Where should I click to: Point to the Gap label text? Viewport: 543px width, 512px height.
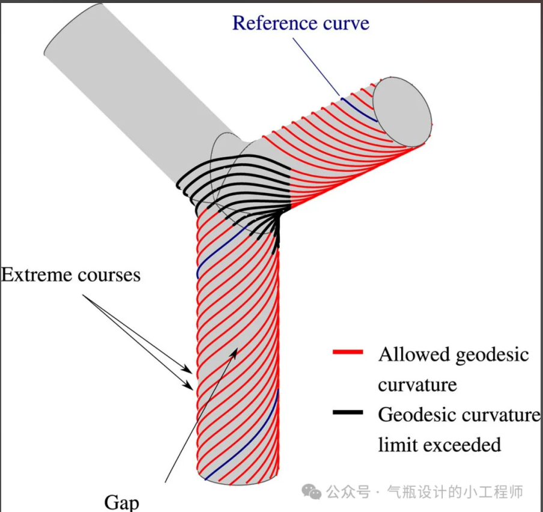point(121,502)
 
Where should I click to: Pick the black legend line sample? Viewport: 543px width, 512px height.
point(348,413)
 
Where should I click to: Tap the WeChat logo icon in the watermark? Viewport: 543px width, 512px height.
point(311,492)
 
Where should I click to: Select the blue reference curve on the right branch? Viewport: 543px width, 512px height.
point(359,109)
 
